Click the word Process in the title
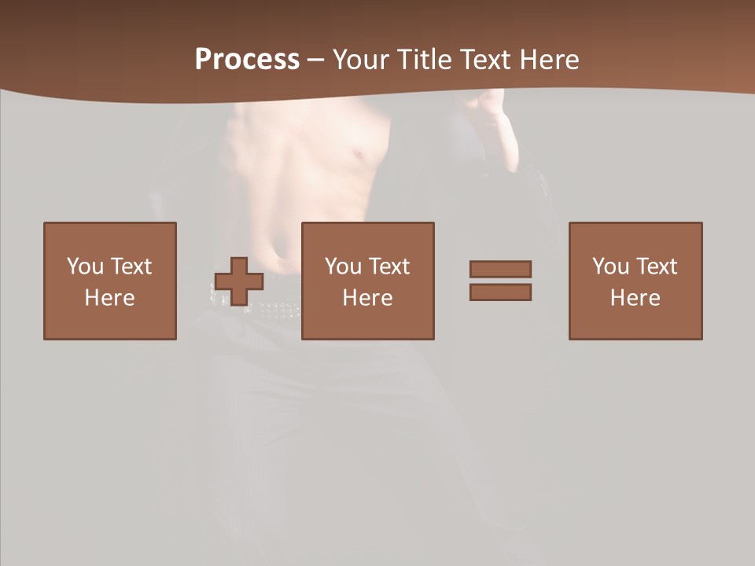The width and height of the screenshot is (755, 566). pyautogui.click(x=247, y=60)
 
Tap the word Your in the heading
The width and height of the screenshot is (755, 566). pyautogui.click(x=361, y=60)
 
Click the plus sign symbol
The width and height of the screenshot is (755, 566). pyautogui.click(x=239, y=281)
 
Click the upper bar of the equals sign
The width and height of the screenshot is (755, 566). pyautogui.click(x=500, y=269)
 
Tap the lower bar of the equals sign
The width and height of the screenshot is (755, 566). pyautogui.click(x=500, y=292)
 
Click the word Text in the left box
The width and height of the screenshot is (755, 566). pyautogui.click(x=131, y=266)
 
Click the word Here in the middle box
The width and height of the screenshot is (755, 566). pyautogui.click(x=368, y=298)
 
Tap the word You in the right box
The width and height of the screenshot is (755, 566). pyautogui.click(x=610, y=266)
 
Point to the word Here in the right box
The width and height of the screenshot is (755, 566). pyautogui.click(x=635, y=298)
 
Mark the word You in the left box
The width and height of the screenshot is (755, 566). pyautogui.click(x=85, y=266)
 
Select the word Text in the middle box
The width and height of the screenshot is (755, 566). pyautogui.click(x=389, y=266)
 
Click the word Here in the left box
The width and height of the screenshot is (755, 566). pyautogui.click(x=110, y=298)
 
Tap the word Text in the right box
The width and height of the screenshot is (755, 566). pyautogui.click(x=656, y=266)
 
